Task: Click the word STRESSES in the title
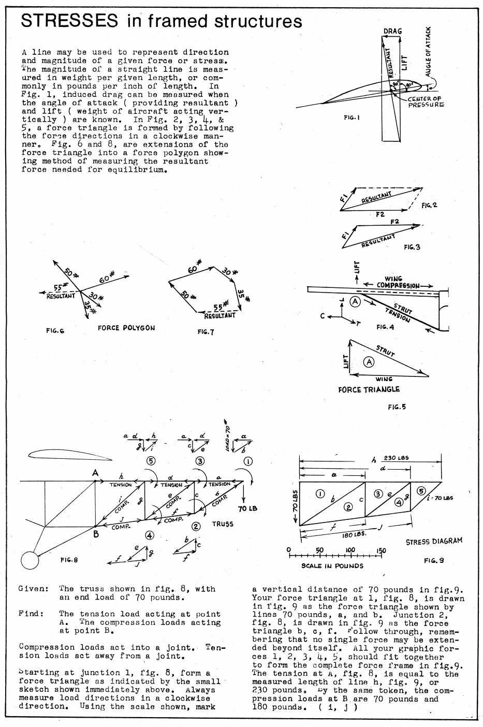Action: click(x=69, y=21)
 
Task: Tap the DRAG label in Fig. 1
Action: click(x=392, y=32)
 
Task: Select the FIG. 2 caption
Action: click(x=429, y=205)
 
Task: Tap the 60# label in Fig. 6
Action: click(x=107, y=278)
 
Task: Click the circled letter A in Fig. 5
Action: click(x=369, y=361)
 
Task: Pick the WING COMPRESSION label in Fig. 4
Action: click(x=398, y=282)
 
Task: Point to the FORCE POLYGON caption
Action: click(x=126, y=328)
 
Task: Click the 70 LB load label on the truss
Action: click(x=247, y=508)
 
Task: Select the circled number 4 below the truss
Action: click(x=149, y=535)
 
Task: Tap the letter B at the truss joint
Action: click(x=96, y=534)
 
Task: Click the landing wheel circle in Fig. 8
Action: click(x=30, y=560)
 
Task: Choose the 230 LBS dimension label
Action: click(x=397, y=458)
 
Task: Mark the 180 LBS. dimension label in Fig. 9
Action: click(x=354, y=534)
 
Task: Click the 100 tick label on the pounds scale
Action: click(x=350, y=550)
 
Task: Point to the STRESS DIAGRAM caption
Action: click(x=434, y=541)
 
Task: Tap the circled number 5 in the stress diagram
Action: click(x=421, y=491)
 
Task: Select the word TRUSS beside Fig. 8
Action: click(x=223, y=524)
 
